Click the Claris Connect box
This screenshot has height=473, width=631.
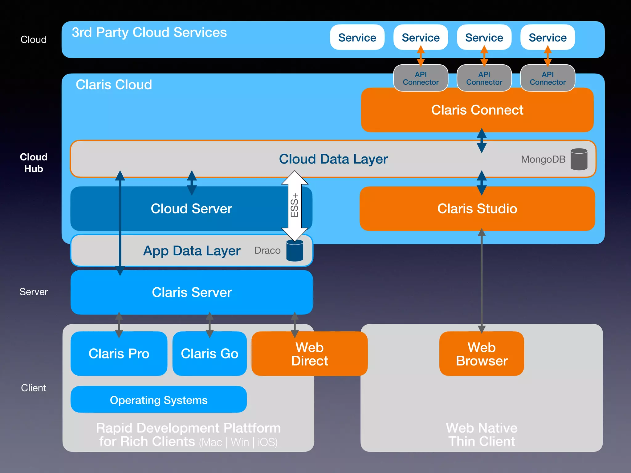[477, 110]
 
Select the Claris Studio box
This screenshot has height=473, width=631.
[477, 209]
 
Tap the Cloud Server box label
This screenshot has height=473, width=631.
[191, 209]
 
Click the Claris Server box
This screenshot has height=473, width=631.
[192, 292]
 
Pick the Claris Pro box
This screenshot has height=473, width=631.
[119, 354]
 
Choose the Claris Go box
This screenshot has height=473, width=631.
[210, 354]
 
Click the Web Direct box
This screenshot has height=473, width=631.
[309, 354]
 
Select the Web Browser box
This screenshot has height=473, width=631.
[482, 354]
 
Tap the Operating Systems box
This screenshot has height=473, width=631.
[159, 400]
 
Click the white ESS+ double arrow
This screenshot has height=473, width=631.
[295, 206]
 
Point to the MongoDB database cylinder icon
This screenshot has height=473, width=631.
[579, 159]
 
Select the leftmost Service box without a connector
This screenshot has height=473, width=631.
[357, 37]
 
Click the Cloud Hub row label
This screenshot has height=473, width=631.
[34, 163]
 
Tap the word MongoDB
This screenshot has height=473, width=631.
[543, 159]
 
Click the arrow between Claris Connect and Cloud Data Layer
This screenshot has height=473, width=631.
[482, 140]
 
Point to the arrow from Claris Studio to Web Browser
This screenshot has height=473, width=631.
[482, 280]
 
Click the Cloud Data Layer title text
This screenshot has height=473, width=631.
[333, 159]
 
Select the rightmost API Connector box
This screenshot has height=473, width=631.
[548, 78]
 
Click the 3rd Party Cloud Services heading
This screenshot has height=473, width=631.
[149, 32]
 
